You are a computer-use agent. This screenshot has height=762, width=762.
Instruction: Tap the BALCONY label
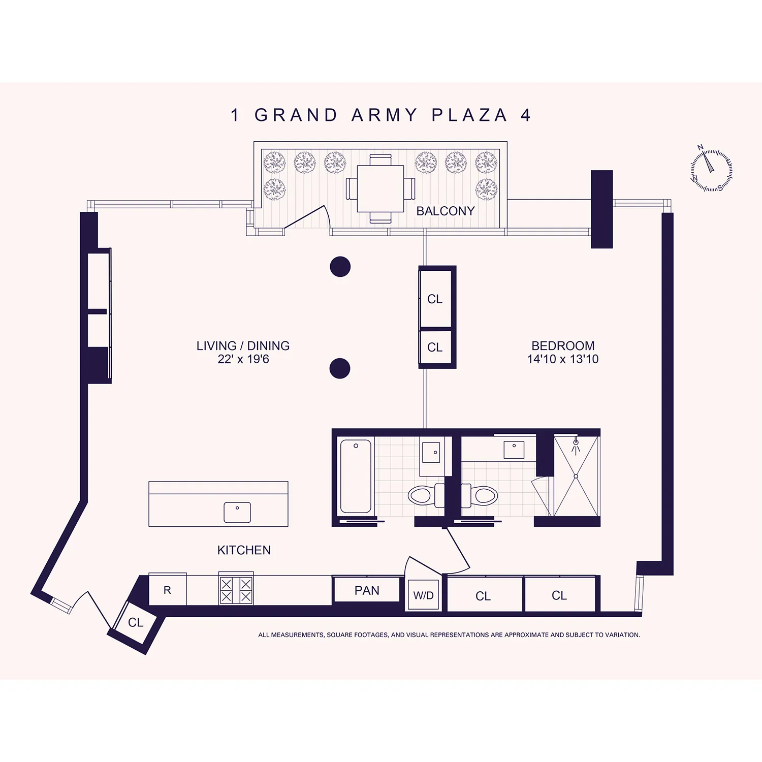tap(445, 211)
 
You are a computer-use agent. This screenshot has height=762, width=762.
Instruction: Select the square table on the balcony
tap(380, 189)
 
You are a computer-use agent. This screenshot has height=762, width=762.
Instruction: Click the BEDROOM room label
tap(563, 346)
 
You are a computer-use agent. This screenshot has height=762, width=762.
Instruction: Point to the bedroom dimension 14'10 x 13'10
tap(563, 359)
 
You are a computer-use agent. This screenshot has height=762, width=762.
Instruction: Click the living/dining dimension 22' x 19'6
tap(243, 359)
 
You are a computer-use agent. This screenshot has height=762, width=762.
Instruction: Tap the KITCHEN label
tap(244, 550)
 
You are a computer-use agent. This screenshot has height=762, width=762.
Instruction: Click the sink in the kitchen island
tap(237, 512)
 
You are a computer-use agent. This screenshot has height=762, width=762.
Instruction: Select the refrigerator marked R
tap(168, 590)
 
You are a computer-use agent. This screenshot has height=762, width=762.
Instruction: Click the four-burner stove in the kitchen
tap(236, 590)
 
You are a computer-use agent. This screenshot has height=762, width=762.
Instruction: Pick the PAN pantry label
tap(367, 590)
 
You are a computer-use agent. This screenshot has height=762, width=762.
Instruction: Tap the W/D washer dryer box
tap(423, 595)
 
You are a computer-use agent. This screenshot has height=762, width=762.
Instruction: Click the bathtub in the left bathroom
tap(356, 476)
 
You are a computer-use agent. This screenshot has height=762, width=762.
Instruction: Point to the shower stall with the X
tap(576, 476)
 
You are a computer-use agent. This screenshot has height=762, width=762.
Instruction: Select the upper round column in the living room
tap(340, 267)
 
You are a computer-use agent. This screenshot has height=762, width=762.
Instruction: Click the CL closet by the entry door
tap(136, 622)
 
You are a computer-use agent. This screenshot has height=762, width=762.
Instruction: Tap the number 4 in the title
tap(525, 115)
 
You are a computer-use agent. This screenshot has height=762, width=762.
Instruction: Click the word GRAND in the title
tap(296, 115)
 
